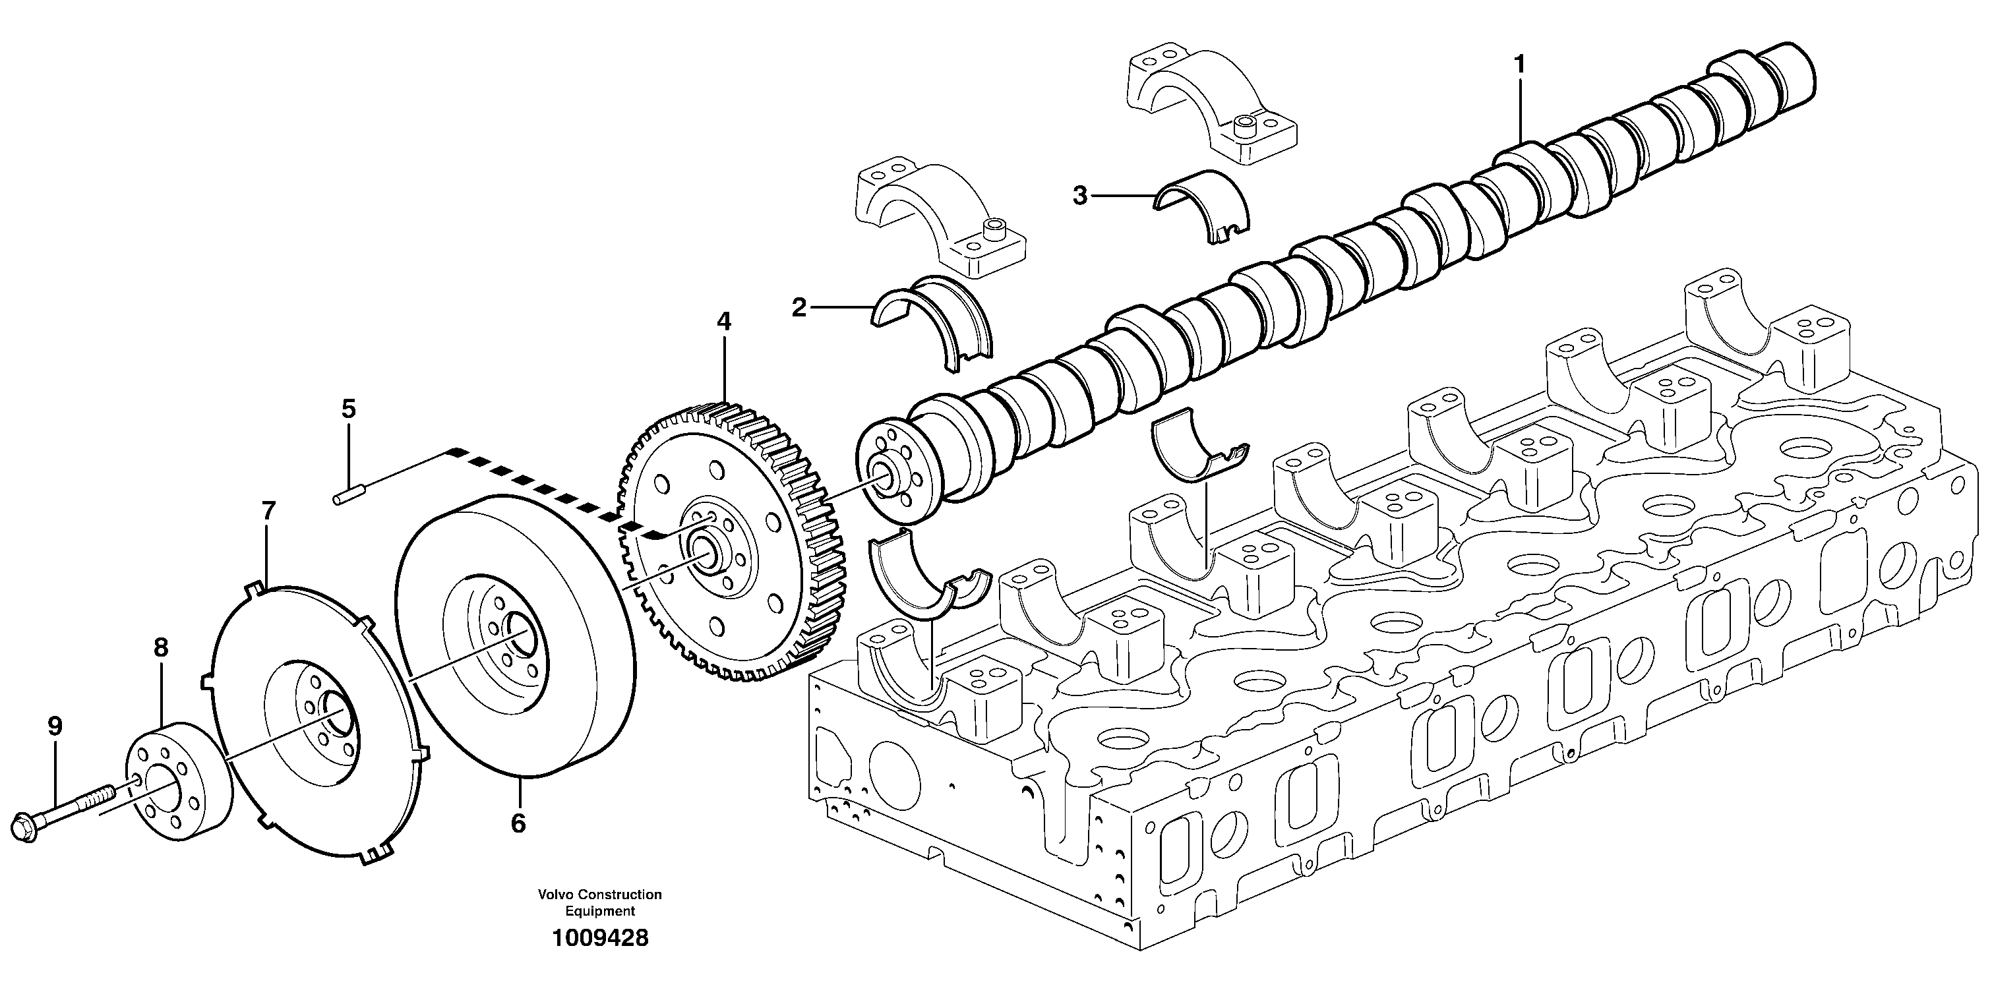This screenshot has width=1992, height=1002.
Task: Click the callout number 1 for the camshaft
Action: tap(1519, 64)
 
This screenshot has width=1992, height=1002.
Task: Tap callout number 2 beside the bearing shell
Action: tap(799, 308)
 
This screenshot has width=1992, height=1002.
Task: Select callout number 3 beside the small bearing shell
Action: tap(1079, 196)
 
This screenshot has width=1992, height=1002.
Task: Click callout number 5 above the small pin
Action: tap(349, 408)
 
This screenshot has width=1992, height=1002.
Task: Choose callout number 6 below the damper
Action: tap(518, 823)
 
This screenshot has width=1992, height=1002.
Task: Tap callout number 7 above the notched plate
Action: tap(268, 510)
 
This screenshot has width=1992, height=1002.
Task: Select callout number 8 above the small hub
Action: tap(160, 647)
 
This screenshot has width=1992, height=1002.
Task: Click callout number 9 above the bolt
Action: tap(55, 725)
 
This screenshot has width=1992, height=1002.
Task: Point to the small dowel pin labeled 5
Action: tap(349, 497)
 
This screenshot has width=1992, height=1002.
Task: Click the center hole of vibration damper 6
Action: tap(519, 636)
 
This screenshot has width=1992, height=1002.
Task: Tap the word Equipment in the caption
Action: tap(599, 912)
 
